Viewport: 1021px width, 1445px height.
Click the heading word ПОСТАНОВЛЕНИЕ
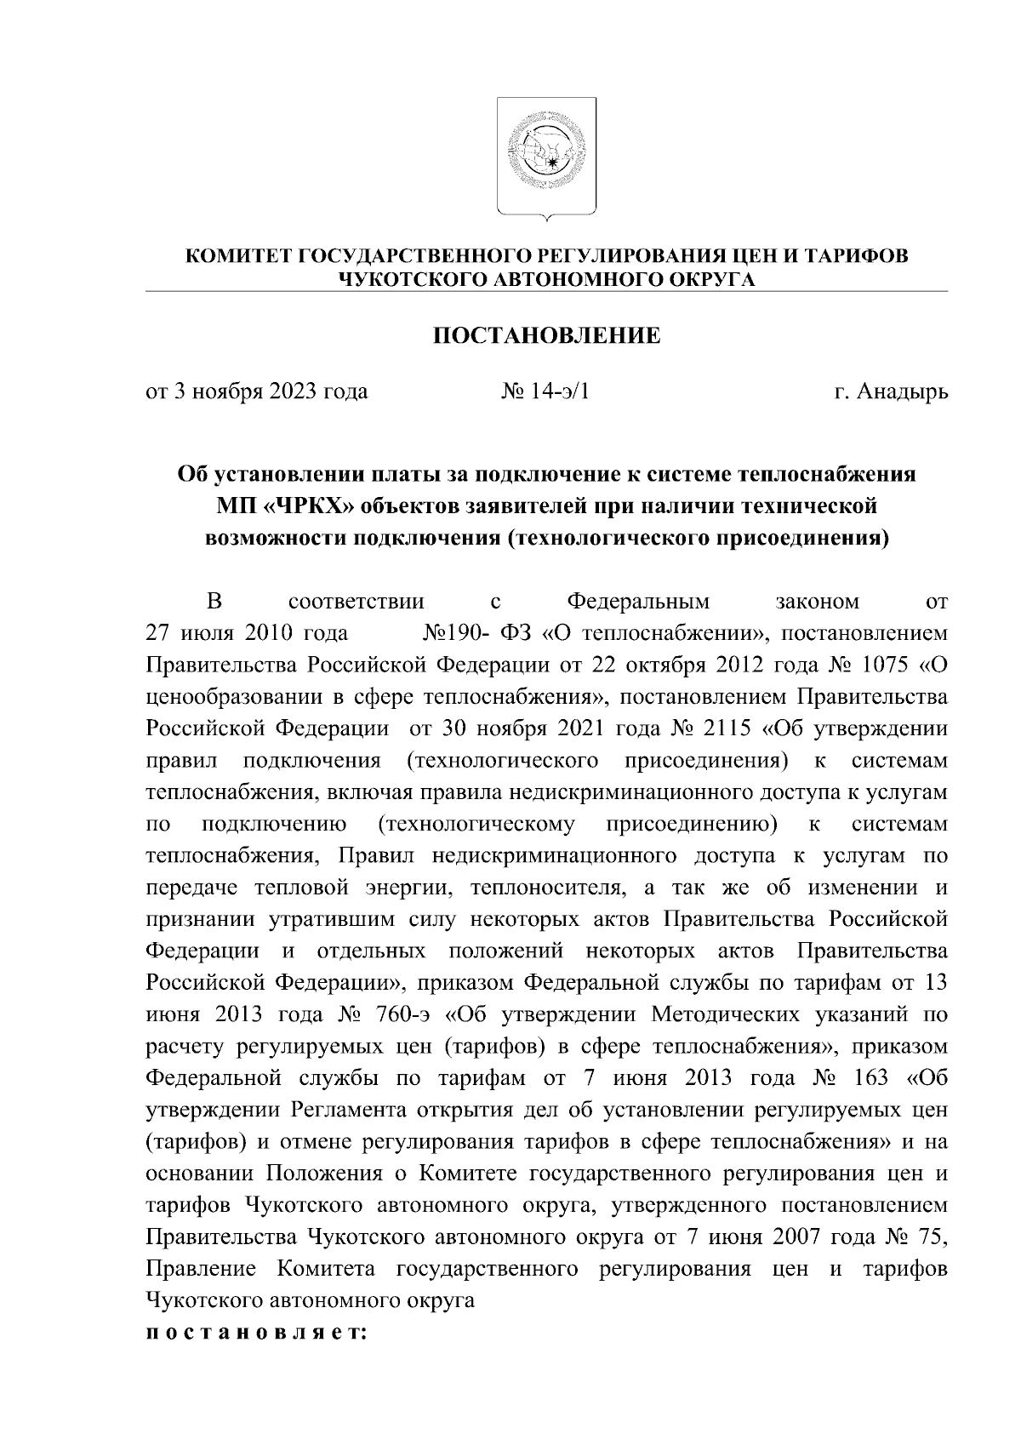click(x=547, y=335)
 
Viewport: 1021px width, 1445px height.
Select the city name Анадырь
click(x=903, y=392)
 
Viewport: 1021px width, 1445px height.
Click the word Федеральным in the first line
click(x=638, y=603)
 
